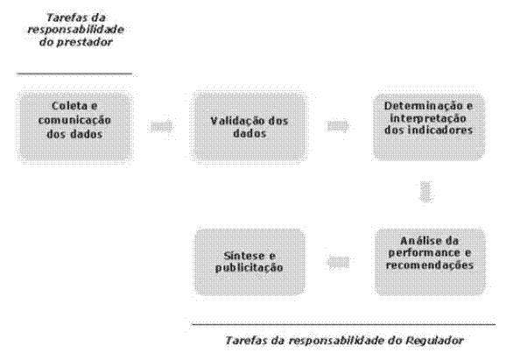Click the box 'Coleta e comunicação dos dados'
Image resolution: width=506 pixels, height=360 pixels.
(75, 126)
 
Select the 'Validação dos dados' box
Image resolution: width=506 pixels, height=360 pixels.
(249, 126)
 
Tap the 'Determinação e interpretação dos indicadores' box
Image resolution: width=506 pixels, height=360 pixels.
(429, 126)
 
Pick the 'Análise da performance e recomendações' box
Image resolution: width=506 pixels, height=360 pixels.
(430, 262)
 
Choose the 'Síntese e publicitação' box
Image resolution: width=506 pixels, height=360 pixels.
(249, 262)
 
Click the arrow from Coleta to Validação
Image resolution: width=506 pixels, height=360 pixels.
(162, 126)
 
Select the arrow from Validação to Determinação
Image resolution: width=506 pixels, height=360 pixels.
(339, 126)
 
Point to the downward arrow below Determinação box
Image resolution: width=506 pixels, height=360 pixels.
(425, 193)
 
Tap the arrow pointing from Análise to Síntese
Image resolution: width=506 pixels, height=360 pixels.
(338, 262)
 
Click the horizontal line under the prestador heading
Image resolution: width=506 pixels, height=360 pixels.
(74, 74)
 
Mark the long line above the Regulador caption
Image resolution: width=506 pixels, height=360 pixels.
(344, 324)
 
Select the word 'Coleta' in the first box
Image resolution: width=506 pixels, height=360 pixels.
(69, 106)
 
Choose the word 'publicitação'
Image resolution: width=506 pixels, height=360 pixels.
(249, 268)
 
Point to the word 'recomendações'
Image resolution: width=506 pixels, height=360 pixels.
(430, 265)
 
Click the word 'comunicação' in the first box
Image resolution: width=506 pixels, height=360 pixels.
(74, 120)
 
